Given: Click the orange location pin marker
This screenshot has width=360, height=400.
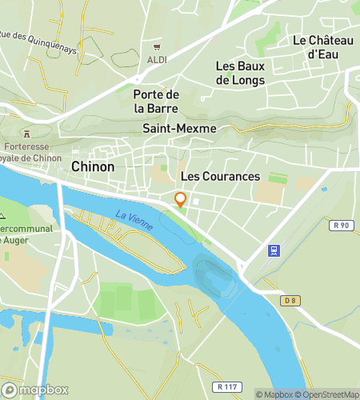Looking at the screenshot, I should tap(181, 200).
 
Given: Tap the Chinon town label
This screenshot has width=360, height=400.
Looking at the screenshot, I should tap(93, 167).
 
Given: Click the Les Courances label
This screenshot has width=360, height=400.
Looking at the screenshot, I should tap(221, 176).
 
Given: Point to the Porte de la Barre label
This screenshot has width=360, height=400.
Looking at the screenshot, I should tap(156, 101).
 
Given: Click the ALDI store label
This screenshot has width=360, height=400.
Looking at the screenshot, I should tap(157, 60).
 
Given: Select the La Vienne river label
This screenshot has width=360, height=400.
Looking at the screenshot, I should tap(134, 220).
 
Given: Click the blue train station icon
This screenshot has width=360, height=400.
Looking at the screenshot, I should tap(274, 250).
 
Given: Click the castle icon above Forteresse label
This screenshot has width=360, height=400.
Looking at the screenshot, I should tap(28, 133).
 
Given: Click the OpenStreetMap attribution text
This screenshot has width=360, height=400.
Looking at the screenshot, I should tap(329, 394).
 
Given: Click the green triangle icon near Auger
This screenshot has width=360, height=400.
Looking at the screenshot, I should tap(2, 216).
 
